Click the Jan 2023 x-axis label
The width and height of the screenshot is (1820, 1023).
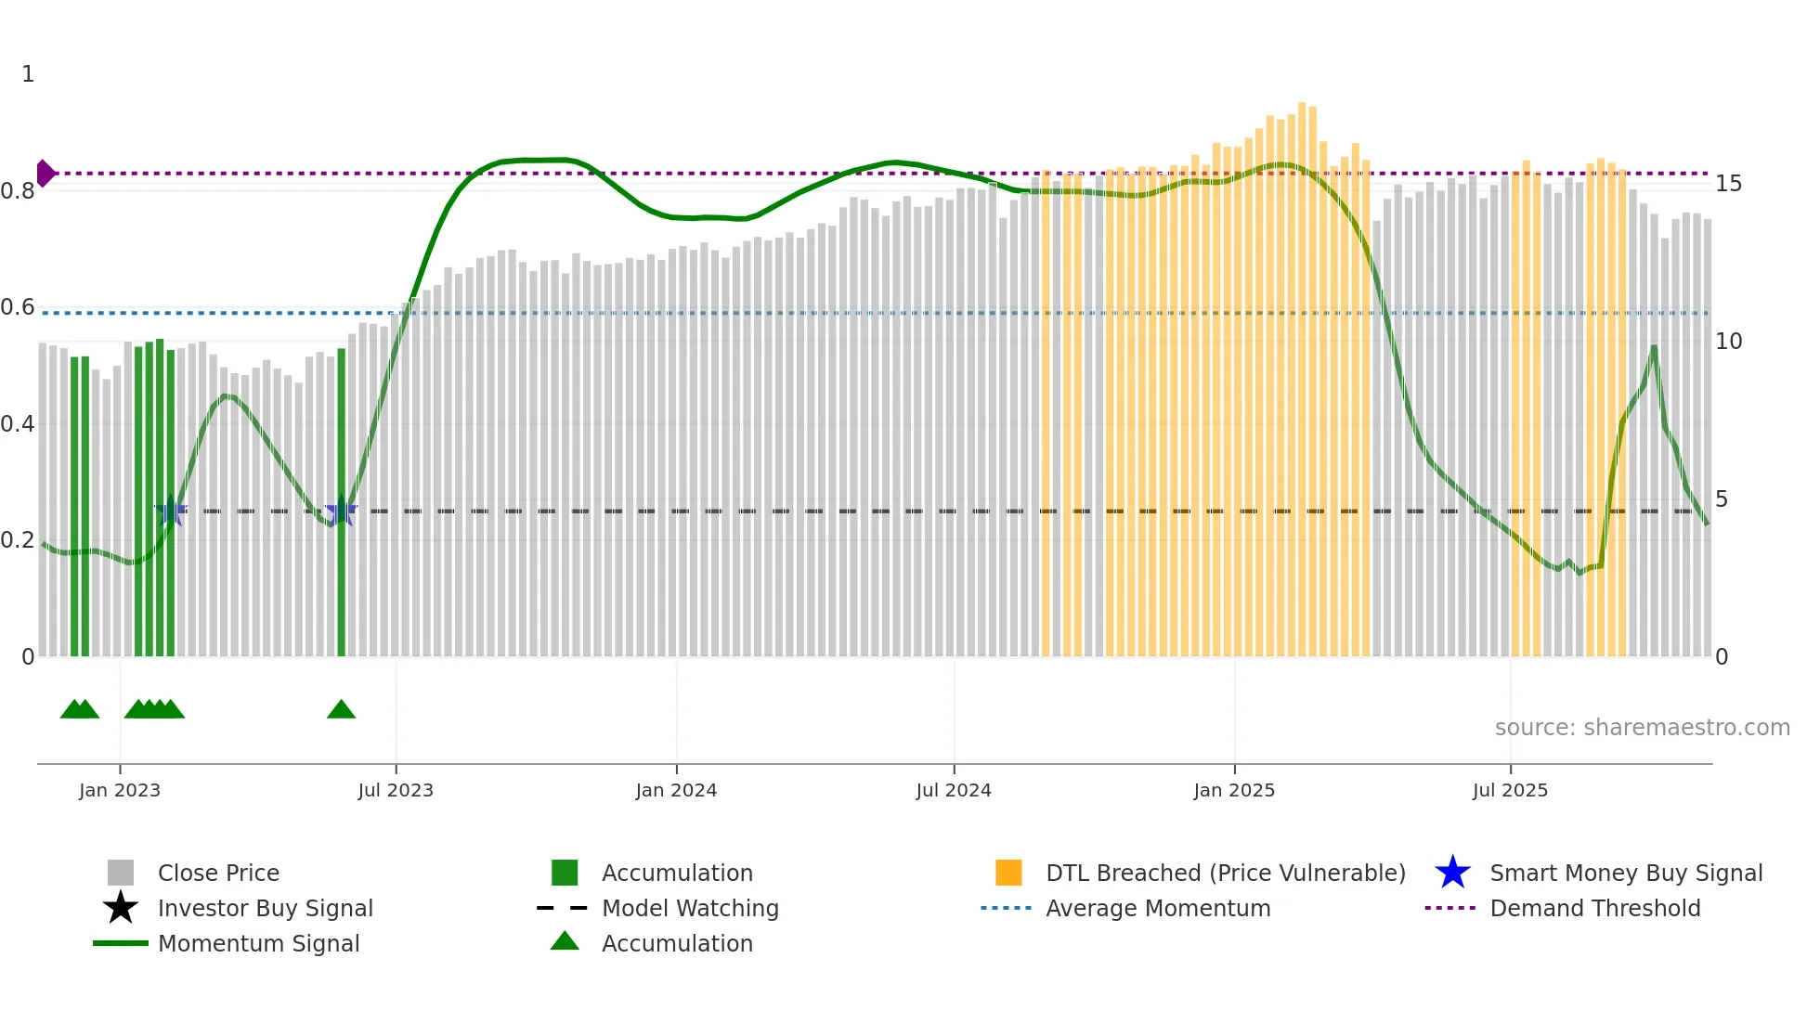coord(119,790)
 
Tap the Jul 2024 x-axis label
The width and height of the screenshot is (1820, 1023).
coord(953,790)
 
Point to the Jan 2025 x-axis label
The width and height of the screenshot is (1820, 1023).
coord(1233,790)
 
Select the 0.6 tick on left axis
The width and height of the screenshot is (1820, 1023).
coord(18,307)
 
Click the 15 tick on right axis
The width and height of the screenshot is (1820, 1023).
coord(1728,184)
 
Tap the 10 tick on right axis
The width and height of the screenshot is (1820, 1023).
coord(1728,342)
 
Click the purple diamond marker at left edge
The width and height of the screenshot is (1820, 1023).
coord(45,173)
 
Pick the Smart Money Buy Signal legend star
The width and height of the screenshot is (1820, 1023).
coord(1452,873)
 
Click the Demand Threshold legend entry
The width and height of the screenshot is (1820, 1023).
coord(1594,908)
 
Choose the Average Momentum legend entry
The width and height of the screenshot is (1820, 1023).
coord(1157,908)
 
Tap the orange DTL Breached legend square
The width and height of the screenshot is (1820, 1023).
coord(1008,873)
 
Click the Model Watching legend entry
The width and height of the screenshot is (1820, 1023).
coord(689,908)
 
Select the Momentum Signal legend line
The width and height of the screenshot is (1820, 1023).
coord(121,943)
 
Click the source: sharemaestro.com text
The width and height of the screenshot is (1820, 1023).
coord(1642,727)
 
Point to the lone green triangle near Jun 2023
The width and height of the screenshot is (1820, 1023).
coord(341,709)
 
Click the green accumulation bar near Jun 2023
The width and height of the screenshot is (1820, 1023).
coord(341,501)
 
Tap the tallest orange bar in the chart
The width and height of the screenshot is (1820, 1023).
coord(1301,371)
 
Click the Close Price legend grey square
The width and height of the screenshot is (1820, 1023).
coord(121,873)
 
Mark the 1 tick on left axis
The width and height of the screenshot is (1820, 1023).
coord(28,74)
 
